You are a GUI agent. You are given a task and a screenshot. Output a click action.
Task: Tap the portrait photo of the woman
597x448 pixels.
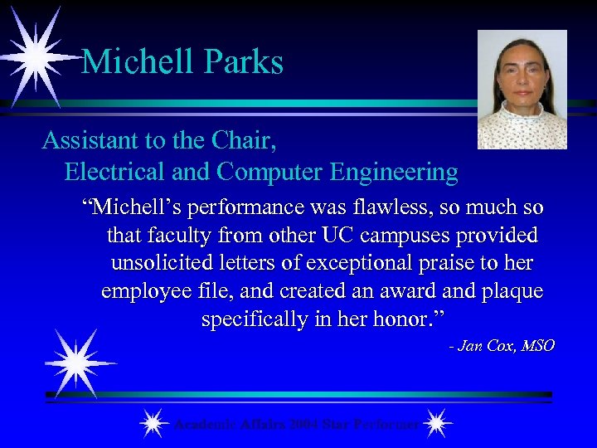point(522,90)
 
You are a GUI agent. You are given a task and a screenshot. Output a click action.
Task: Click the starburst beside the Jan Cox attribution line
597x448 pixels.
point(80,363)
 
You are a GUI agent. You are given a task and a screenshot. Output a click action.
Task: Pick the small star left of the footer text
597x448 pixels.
point(153,424)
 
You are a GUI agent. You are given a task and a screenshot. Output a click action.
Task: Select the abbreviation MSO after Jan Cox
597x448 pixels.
point(538,346)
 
